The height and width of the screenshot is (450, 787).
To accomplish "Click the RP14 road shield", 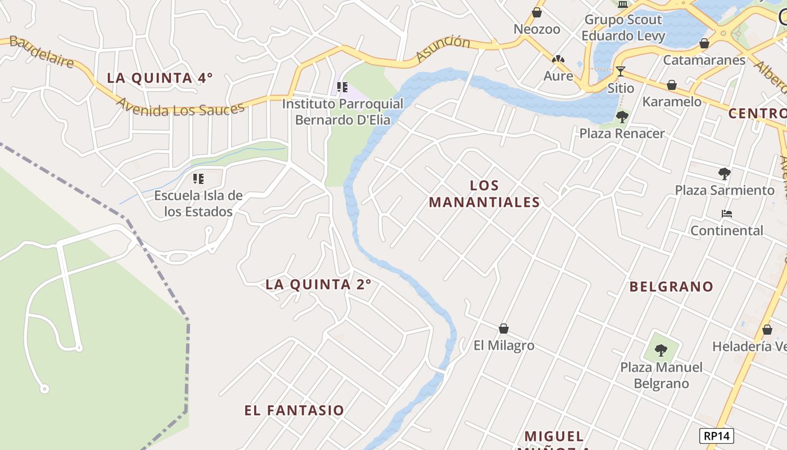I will pyautogui.click(x=717, y=435).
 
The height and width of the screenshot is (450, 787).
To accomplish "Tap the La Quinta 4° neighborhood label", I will pyautogui.click(x=160, y=78).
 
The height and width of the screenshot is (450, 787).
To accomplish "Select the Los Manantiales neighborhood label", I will pyautogui.click(x=484, y=193).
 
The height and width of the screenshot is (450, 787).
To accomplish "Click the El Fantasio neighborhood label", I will pyautogui.click(x=294, y=410).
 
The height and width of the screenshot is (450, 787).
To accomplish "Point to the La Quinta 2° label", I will pyautogui.click(x=318, y=285).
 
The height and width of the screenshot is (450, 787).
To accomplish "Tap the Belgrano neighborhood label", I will pyautogui.click(x=671, y=286).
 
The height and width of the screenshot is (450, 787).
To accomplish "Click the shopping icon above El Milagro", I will pyautogui.click(x=504, y=328).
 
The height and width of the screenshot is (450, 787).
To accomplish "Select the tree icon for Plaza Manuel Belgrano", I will pyautogui.click(x=661, y=350).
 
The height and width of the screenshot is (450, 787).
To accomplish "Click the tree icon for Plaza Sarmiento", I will pyautogui.click(x=725, y=174).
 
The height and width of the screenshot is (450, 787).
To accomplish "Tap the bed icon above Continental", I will pyautogui.click(x=727, y=214).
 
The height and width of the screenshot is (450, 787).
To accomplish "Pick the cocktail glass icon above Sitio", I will pyautogui.click(x=621, y=71).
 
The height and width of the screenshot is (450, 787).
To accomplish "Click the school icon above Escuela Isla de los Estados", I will pyautogui.click(x=198, y=179).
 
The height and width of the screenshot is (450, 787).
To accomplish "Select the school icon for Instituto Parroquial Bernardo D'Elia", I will pyautogui.click(x=342, y=87).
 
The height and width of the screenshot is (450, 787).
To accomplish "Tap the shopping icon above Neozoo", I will pyautogui.click(x=537, y=12).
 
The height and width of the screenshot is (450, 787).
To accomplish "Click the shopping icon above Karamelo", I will pyautogui.click(x=671, y=85).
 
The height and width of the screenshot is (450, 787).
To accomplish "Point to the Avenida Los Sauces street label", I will pyautogui.click(x=180, y=106).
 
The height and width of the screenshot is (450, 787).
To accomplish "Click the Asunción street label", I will pyautogui.click(x=443, y=48).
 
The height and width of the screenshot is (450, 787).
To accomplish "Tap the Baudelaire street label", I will pyautogui.click(x=42, y=52).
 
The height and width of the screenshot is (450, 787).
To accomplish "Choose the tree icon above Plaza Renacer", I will pyautogui.click(x=622, y=117).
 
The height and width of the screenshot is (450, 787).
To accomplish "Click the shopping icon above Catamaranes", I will pyautogui.click(x=704, y=43).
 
